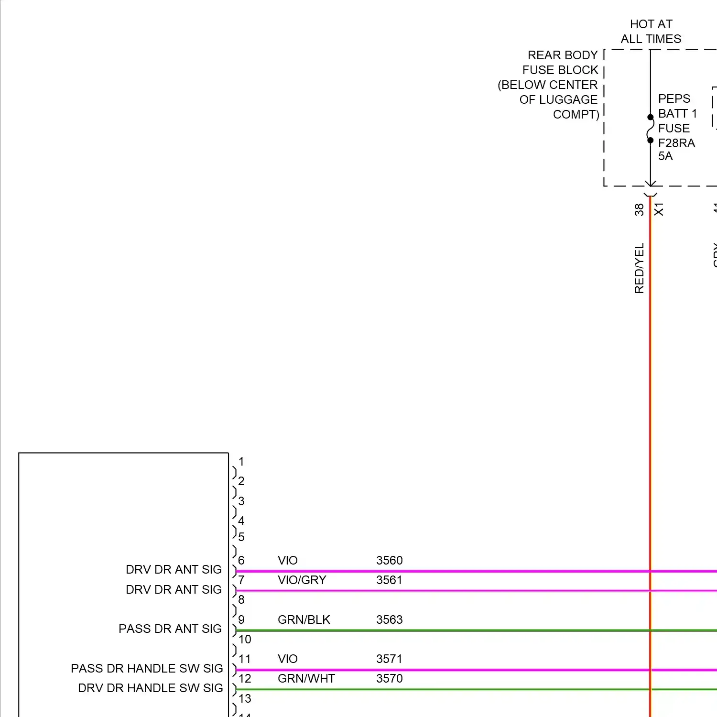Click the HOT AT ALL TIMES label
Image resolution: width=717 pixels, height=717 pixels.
click(x=651, y=32)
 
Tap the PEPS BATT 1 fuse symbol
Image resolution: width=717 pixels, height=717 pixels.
click(x=651, y=129)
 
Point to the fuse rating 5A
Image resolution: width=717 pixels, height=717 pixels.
click(x=665, y=156)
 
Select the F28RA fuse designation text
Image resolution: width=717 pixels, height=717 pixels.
click(x=676, y=143)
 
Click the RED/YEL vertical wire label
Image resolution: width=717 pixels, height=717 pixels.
click(x=639, y=268)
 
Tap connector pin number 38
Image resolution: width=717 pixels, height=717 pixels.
click(x=639, y=209)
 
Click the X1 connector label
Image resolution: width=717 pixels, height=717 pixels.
click(x=659, y=209)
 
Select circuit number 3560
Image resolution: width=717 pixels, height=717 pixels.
click(x=389, y=560)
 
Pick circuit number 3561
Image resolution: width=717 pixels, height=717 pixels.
click(x=389, y=580)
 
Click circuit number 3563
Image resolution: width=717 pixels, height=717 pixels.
click(x=389, y=619)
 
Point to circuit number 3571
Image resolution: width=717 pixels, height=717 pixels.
click(x=389, y=659)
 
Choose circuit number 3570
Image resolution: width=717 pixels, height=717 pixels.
click(x=389, y=678)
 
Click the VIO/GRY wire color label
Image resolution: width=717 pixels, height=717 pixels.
click(x=302, y=580)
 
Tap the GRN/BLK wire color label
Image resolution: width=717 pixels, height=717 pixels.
click(x=304, y=619)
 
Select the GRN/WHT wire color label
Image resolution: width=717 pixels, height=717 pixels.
click(x=306, y=678)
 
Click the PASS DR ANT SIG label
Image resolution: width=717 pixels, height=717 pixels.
click(x=170, y=629)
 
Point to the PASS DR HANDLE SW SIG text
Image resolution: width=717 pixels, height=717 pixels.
click(x=147, y=668)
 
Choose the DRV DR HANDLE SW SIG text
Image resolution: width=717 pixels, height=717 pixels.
click(x=150, y=688)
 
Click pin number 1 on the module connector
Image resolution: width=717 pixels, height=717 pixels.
click(x=241, y=462)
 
